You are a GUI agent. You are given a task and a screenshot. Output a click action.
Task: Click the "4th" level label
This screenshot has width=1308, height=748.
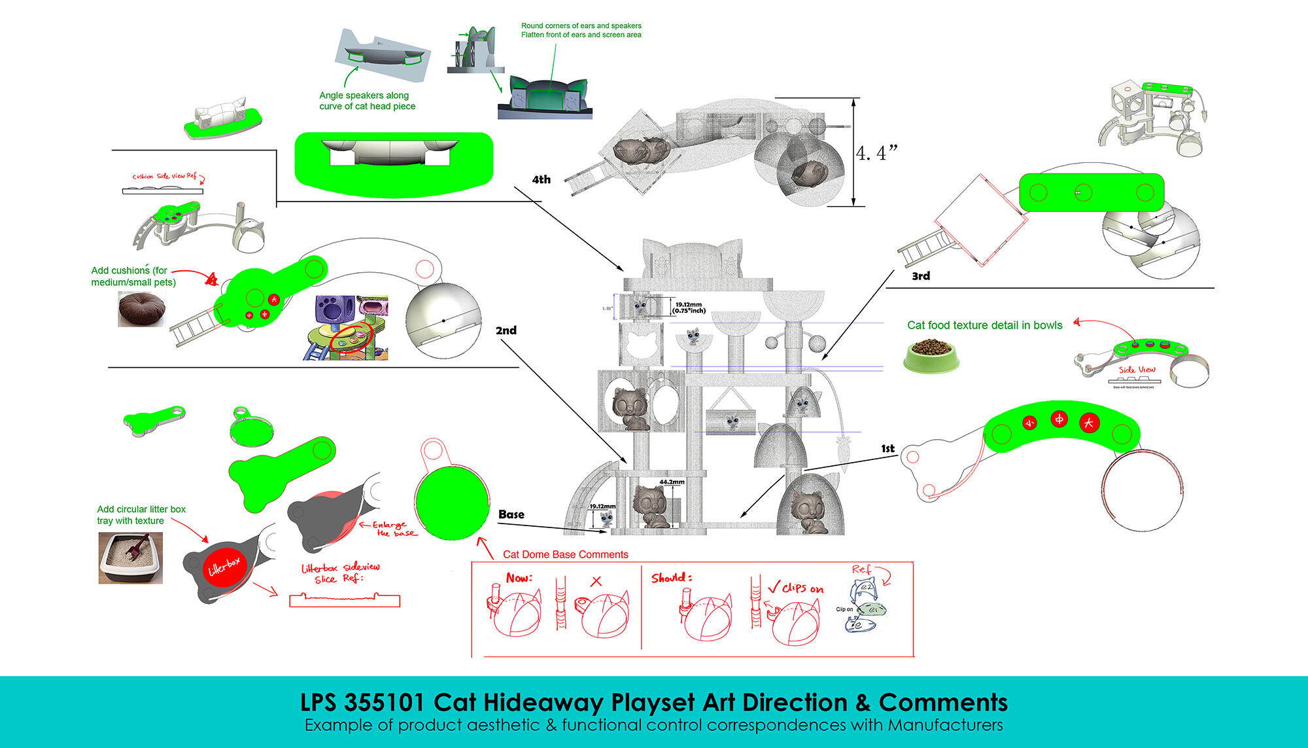pos(541,179)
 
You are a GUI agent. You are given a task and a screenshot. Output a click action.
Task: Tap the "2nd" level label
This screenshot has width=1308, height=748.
pos(506,330)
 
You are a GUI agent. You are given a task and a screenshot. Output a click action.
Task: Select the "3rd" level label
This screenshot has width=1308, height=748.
pos(921,276)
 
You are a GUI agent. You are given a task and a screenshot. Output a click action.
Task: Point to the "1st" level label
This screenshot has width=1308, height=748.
pos(887,448)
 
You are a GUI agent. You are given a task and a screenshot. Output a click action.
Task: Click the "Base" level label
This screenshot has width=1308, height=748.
pos(511,514)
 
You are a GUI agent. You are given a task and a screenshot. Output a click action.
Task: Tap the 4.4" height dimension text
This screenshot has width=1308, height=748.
pos(876,154)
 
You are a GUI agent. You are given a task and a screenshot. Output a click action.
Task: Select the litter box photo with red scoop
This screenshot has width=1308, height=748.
pos(131,558)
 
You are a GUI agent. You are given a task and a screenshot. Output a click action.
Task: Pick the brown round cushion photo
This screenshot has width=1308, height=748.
pos(141,308)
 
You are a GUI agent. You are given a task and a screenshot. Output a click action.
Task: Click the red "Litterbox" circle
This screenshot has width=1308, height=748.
pos(224,566)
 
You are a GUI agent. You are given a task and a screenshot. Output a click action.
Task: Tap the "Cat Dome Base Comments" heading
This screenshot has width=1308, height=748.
pos(565,554)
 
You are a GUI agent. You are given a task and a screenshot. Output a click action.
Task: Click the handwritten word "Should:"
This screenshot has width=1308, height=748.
pos(671,578)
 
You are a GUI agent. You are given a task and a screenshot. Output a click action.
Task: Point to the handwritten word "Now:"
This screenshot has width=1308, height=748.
pos(519,578)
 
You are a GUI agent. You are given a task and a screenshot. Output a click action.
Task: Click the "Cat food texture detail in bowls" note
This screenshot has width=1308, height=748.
pos(984,325)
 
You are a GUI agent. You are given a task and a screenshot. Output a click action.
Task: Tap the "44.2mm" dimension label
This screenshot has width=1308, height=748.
pos(672,482)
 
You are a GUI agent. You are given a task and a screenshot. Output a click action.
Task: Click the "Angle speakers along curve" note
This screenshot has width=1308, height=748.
pos(367,101)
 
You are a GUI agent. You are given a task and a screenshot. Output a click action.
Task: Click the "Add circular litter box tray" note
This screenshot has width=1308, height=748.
pos(141,515)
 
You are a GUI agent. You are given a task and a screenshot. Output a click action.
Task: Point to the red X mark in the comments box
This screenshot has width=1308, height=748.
pos(595,581)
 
